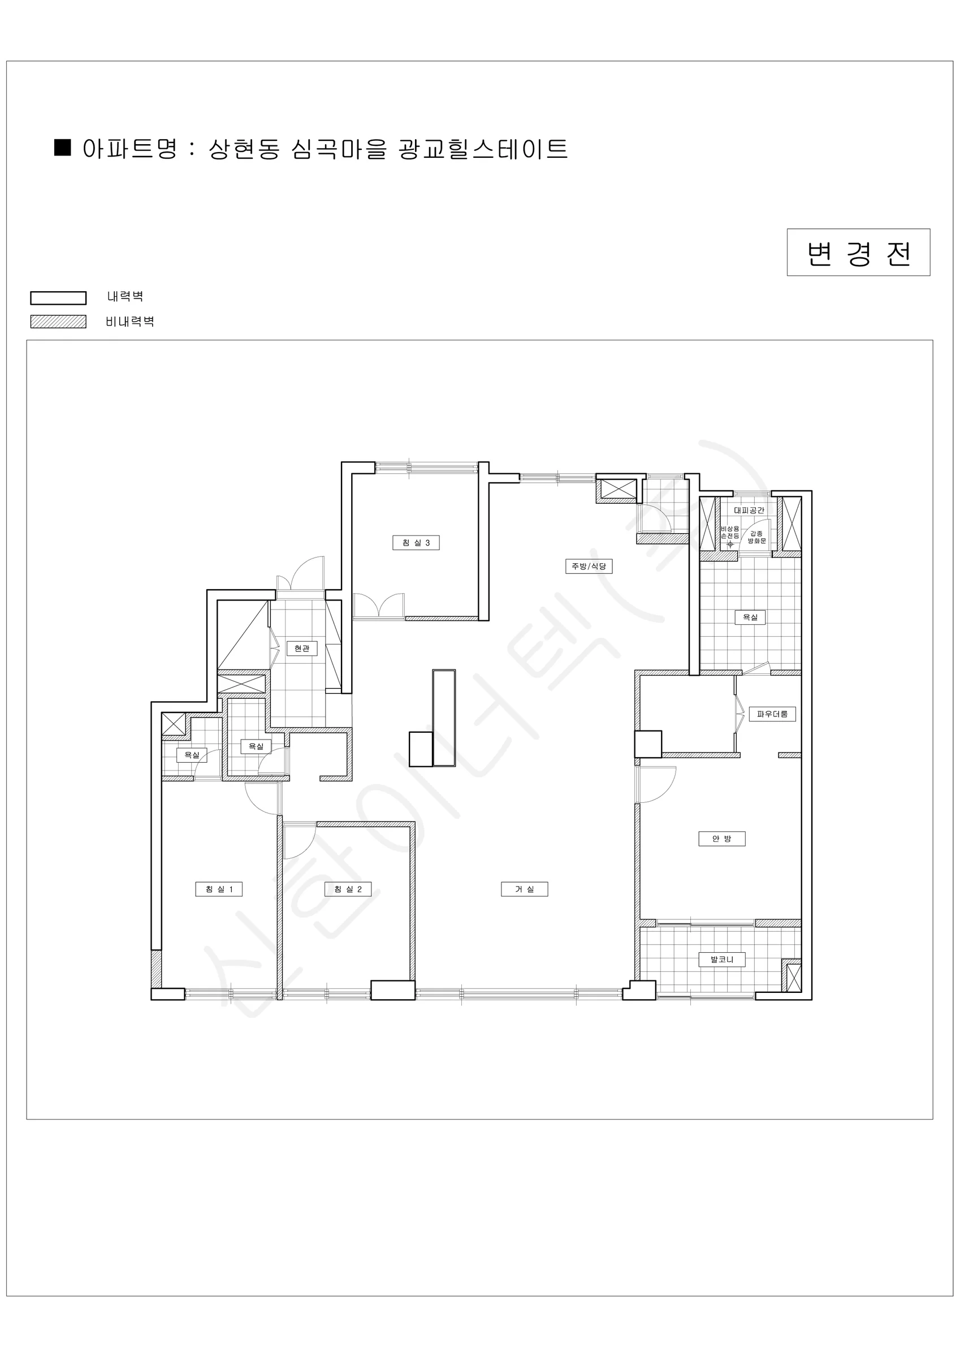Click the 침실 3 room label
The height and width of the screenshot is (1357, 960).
[416, 543]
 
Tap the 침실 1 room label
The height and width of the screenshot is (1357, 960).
[219, 889]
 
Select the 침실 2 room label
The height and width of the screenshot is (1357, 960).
[348, 889]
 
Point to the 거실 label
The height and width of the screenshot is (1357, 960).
[524, 889]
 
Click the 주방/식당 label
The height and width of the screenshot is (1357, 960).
[589, 566]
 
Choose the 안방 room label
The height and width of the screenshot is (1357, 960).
[722, 838]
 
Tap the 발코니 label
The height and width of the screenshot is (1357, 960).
[722, 960]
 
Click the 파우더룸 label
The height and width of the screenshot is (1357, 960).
[772, 714]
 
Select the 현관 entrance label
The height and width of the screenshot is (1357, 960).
[301, 649]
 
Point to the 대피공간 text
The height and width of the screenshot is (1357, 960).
[749, 510]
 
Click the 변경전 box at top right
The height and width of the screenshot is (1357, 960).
[858, 252]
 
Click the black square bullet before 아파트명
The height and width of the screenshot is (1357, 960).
[63, 147]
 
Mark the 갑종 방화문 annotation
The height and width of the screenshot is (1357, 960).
[756, 537]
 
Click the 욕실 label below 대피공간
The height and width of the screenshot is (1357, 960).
[750, 617]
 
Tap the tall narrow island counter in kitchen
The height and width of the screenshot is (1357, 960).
[444, 718]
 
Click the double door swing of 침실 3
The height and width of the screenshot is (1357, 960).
[379, 606]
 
